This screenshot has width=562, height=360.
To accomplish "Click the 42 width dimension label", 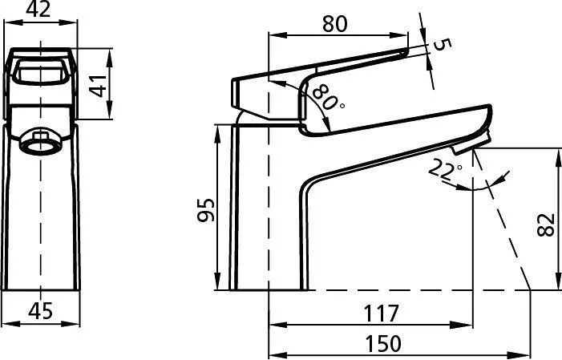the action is point(38,10).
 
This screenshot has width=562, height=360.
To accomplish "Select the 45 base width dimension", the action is point(40,310).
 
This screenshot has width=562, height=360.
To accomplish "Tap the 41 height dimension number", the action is point(98,85).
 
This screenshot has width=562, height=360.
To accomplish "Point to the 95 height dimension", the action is point(206,210).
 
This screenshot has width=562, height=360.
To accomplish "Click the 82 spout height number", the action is point(545,224).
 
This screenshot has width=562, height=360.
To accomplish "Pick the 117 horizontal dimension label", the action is point(381,313).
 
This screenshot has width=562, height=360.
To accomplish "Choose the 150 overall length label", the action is point(382,343).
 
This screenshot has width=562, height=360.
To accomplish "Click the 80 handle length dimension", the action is point(335,24).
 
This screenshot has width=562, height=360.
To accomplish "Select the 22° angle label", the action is point(444,169).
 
